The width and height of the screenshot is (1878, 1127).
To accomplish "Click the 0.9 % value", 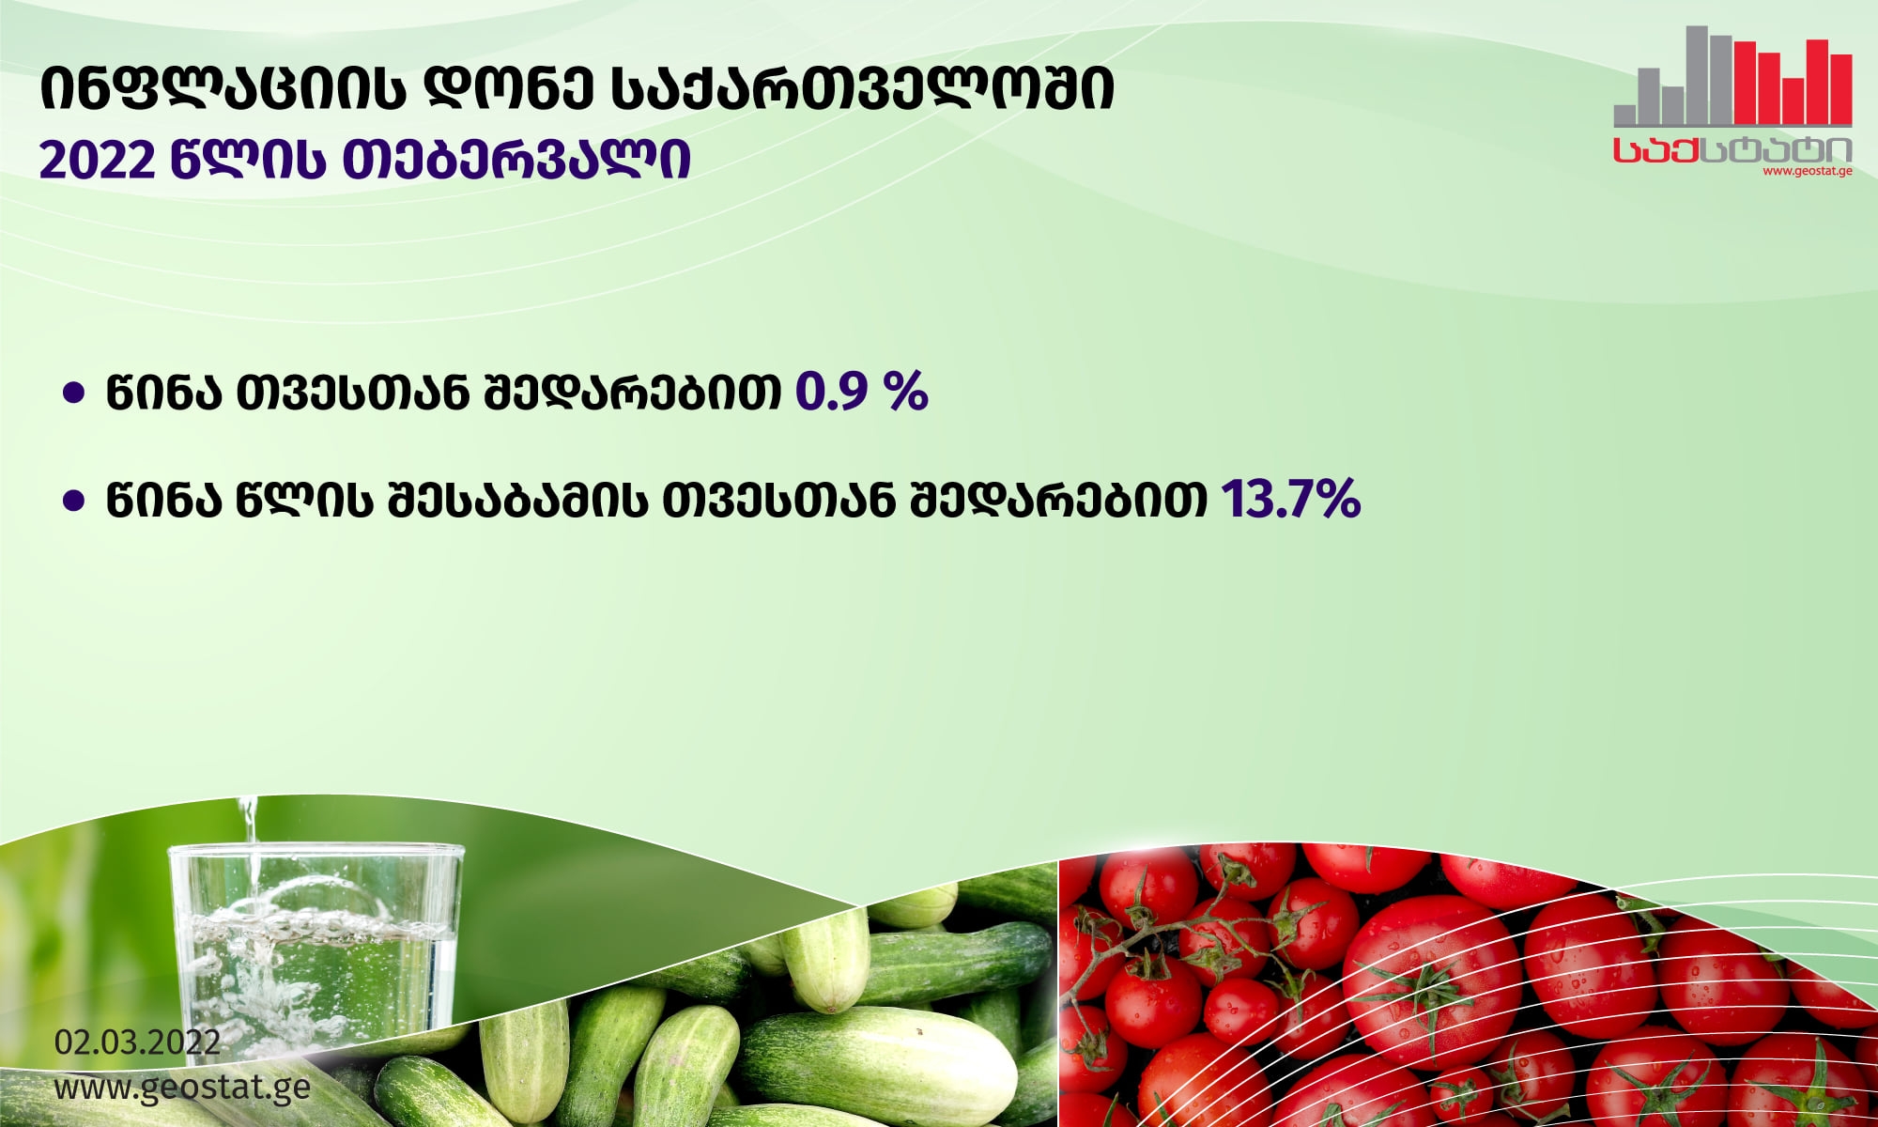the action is click(x=861, y=391).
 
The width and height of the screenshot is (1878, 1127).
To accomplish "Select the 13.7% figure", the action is click(x=1290, y=498).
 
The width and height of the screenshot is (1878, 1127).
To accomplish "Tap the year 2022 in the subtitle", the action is click(x=96, y=161).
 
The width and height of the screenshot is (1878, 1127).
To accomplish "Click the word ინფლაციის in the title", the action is click(x=223, y=89).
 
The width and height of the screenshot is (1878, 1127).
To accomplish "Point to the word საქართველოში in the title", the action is click(x=862, y=89).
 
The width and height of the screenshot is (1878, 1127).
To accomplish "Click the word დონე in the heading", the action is click(x=507, y=89).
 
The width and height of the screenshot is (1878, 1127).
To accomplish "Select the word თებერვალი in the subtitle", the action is click(x=516, y=161).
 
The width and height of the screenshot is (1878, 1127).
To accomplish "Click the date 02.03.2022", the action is click(x=137, y=1042).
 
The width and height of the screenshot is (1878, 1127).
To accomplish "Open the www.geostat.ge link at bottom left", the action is click(x=182, y=1088).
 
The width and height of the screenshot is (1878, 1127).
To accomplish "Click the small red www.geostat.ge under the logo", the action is click(x=1807, y=172).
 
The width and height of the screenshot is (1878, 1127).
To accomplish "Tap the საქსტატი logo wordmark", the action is click(x=1732, y=149).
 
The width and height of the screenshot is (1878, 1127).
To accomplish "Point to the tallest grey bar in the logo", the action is click(x=1697, y=75).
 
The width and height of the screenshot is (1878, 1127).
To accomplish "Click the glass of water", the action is click(x=316, y=949).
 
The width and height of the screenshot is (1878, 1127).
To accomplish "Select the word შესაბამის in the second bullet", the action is click(x=516, y=499).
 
